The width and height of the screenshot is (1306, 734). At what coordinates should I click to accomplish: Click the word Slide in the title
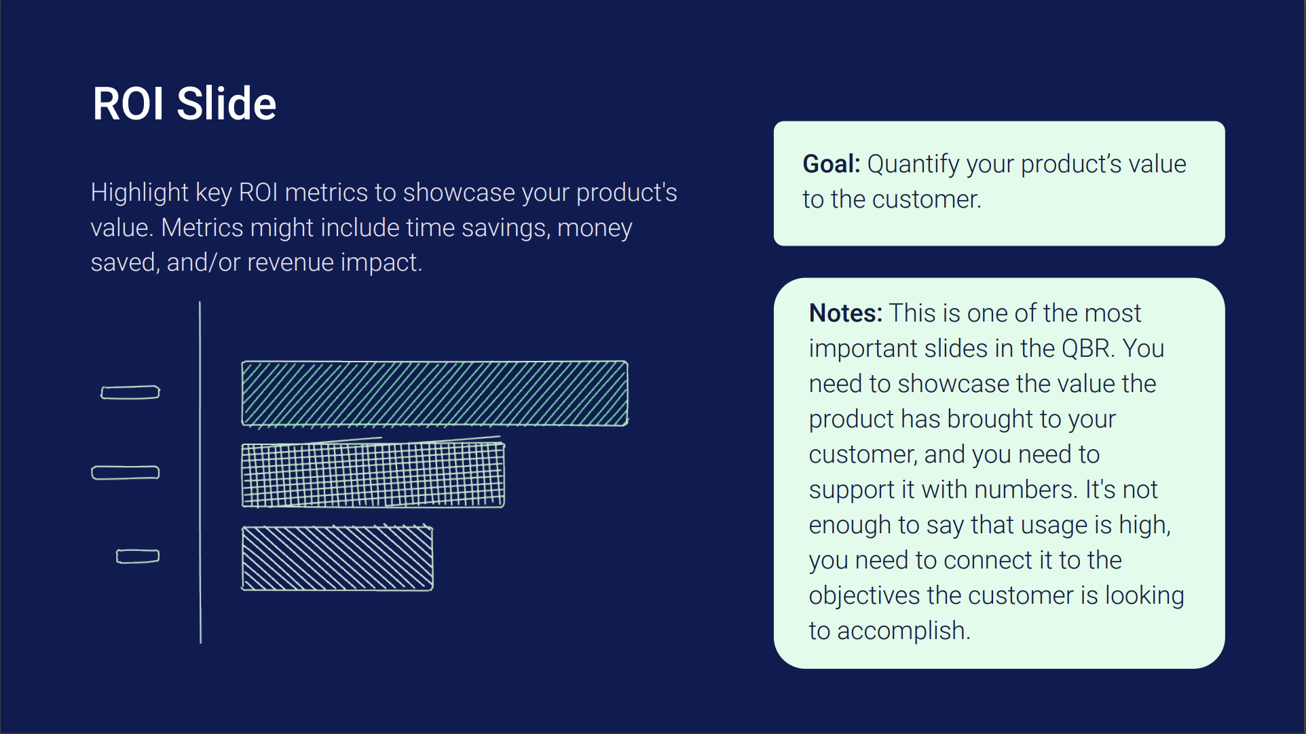[x=226, y=104]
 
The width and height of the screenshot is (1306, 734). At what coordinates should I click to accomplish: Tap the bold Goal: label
[x=832, y=164]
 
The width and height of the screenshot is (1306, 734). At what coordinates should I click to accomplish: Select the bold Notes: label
[x=846, y=313]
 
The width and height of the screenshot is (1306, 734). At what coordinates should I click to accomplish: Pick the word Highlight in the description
[x=139, y=193]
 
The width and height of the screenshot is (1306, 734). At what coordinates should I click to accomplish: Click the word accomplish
[x=903, y=632]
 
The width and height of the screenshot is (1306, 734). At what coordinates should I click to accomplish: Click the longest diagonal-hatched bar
[x=435, y=393]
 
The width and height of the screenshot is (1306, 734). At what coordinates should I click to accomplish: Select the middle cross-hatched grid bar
[x=373, y=474]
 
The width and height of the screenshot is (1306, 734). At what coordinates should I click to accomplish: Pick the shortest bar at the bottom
[x=337, y=558]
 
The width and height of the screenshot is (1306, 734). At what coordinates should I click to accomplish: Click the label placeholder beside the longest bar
[x=130, y=392]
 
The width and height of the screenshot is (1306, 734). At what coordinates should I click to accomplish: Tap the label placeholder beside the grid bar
[x=126, y=473]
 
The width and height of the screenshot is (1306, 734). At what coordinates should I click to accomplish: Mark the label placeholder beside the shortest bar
[x=138, y=556]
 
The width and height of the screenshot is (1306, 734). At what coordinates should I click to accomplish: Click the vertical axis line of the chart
[x=200, y=472]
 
